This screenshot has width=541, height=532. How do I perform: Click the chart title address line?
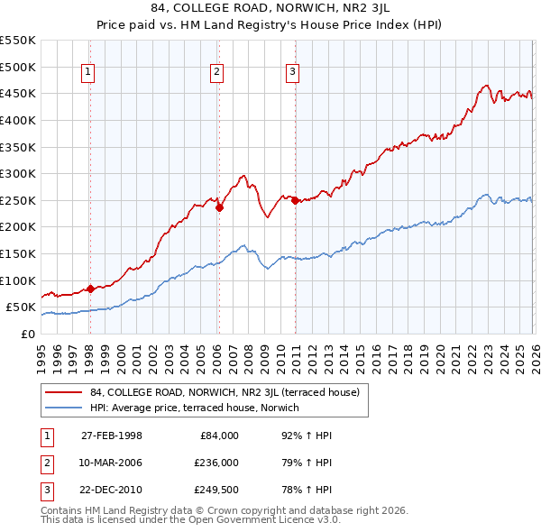[270, 10]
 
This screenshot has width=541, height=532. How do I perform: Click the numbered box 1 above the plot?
[89, 74]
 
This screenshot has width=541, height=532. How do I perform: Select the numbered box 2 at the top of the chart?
[218, 74]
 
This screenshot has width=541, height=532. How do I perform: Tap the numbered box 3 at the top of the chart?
[294, 74]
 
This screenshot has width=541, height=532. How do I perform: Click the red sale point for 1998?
[90, 289]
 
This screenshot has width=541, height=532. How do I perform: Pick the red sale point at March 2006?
[219, 207]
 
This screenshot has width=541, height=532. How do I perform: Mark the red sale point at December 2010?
[295, 200]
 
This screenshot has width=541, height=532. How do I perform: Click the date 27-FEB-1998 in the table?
[112, 436]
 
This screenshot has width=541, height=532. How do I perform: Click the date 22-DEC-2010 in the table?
[112, 491]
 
